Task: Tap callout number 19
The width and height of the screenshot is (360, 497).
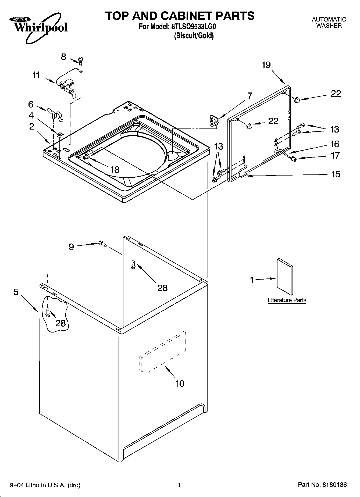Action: click(x=266, y=65)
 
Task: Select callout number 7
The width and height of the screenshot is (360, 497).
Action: click(x=250, y=96)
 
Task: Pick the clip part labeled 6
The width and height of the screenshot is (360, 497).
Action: click(x=55, y=115)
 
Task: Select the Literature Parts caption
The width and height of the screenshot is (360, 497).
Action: click(x=287, y=300)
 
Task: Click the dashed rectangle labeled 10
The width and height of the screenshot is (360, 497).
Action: click(x=163, y=352)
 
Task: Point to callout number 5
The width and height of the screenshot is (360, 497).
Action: click(x=16, y=292)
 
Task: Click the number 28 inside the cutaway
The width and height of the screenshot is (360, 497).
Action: click(x=60, y=323)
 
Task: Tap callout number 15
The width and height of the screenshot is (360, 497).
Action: click(x=336, y=174)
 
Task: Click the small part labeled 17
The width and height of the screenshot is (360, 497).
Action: click(x=293, y=159)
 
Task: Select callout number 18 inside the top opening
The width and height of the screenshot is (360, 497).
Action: click(x=115, y=170)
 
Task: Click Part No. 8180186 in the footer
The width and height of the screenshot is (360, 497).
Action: click(x=322, y=485)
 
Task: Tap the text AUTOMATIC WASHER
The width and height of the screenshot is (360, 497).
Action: click(x=329, y=23)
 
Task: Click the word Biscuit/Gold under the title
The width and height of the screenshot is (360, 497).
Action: click(x=194, y=35)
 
